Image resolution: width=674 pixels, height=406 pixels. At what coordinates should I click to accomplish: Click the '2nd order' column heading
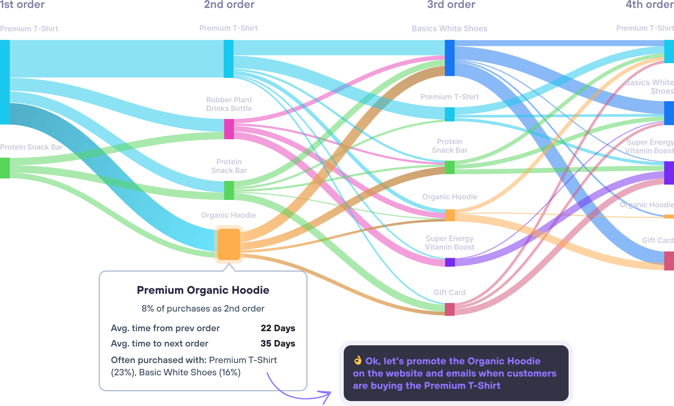point(229,5)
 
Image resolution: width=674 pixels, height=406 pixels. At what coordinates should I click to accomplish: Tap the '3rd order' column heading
point(451,5)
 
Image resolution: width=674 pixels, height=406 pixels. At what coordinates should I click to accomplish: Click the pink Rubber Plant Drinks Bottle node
point(229,129)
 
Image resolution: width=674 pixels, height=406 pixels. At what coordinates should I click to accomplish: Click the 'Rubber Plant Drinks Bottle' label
point(229,104)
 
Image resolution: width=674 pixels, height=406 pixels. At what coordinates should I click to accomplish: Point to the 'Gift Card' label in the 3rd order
point(449,292)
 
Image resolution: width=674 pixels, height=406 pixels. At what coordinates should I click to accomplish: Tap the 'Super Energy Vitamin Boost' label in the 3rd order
point(449,243)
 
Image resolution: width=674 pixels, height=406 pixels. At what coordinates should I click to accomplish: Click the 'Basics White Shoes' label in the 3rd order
point(449,29)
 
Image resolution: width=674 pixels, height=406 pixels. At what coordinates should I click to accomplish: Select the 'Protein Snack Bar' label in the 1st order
point(31,147)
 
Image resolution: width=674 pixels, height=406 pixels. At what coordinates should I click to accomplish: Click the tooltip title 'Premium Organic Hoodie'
point(203,290)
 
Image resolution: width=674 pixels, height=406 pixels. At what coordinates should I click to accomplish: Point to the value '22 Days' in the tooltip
point(278,328)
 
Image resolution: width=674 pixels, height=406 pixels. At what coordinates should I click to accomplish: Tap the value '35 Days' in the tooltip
point(278,343)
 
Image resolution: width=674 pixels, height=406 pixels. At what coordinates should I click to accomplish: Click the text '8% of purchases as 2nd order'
point(203,308)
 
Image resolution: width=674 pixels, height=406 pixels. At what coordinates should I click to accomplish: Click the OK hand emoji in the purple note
point(358,360)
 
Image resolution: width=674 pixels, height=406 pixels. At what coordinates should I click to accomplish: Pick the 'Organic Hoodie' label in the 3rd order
point(449,197)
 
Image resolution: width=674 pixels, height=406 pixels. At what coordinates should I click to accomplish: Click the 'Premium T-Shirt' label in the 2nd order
point(228,28)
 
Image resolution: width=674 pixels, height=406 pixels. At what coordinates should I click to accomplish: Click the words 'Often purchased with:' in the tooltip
point(159,360)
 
